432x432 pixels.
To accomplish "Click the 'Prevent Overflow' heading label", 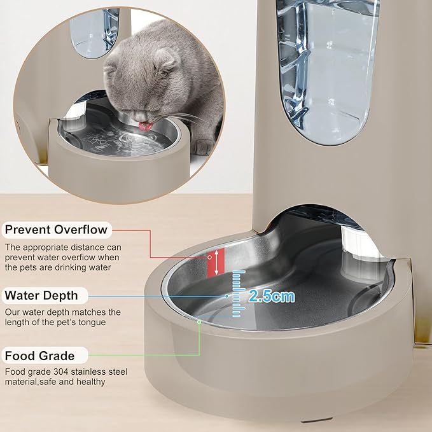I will [56, 230].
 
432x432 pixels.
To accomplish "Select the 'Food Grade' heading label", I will [40, 356].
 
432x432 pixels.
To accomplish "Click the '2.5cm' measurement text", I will [272, 295].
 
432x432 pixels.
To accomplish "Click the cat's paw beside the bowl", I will [202, 147].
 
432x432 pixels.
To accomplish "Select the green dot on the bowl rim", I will [199, 322].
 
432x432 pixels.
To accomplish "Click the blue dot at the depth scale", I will [226, 296].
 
